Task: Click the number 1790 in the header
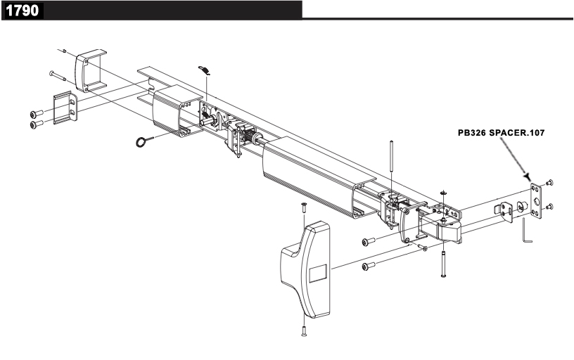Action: [x=23, y=11]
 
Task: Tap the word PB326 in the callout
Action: [x=473, y=131]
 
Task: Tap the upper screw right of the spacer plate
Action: [x=549, y=182]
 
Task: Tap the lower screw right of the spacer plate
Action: [x=549, y=207]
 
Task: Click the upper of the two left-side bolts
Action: [x=35, y=114]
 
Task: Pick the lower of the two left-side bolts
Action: [x=35, y=124]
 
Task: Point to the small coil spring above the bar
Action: [x=204, y=71]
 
